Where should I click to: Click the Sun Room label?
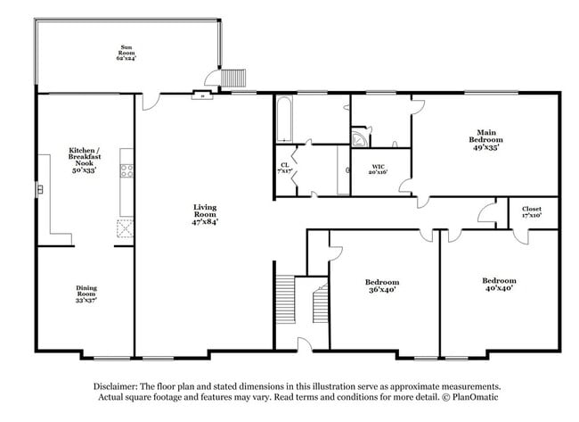pyautogui.click(x=125, y=53)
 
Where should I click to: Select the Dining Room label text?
pyautogui.click(x=86, y=294)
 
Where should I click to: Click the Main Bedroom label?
pyautogui.click(x=485, y=140)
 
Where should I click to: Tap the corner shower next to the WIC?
pyautogui.click(x=359, y=137)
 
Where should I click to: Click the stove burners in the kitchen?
pyautogui.click(x=126, y=170)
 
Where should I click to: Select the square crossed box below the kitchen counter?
pyautogui.click(x=125, y=228)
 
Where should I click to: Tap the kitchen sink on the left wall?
pyautogui.click(x=40, y=189)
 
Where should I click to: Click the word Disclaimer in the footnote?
pyautogui.click(x=121, y=386)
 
